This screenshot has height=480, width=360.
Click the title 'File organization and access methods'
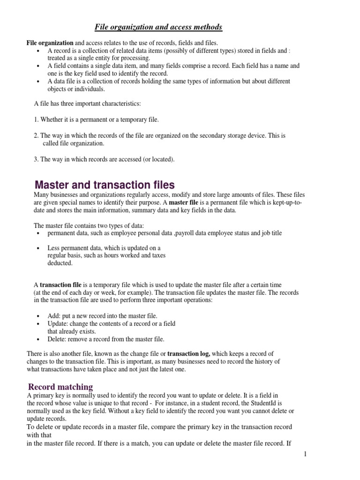[158, 27]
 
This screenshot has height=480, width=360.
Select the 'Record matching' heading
[60, 387]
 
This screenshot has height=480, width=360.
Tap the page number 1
[305, 453]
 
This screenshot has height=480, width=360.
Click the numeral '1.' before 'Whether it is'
[36, 120]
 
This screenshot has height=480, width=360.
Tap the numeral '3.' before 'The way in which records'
[36, 159]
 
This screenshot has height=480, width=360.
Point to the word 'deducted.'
[60, 263]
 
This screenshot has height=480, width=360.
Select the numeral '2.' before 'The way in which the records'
[36, 135]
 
